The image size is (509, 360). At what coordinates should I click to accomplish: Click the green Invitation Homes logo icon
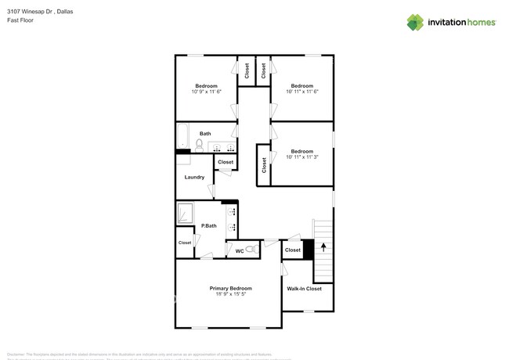pos(415,23)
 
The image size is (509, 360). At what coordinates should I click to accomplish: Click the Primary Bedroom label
pos(230,288)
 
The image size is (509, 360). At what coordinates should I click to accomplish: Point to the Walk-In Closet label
pos(303,289)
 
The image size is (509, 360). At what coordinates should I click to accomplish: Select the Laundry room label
pos(194,177)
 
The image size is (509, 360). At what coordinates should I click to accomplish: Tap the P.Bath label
pos(209,226)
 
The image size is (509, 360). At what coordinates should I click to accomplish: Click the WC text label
pos(240,250)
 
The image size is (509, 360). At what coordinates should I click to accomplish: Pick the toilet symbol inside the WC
pos(251,250)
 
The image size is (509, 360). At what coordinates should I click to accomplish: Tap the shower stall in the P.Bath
pos(186,213)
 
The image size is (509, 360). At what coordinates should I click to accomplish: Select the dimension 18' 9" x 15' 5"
pos(230,295)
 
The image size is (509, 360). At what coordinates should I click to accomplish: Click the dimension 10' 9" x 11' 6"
pos(207,92)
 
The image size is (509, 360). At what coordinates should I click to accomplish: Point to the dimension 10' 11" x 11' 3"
pos(302,157)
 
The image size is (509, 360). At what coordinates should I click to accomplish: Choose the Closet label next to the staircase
pos(292,250)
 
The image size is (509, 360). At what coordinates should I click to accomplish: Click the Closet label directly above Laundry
pos(226,162)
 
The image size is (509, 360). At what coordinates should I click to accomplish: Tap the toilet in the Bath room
pos(200,144)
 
